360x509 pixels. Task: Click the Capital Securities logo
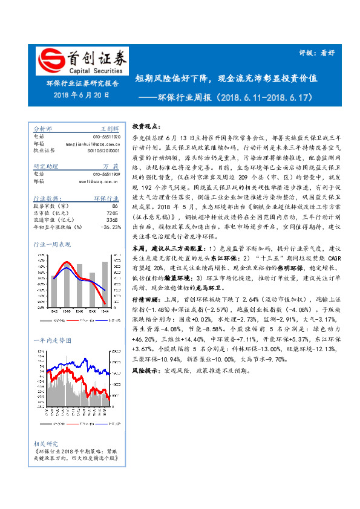coord(82,62)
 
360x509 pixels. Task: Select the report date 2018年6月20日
coord(81,94)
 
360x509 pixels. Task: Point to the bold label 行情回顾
coord(148,298)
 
